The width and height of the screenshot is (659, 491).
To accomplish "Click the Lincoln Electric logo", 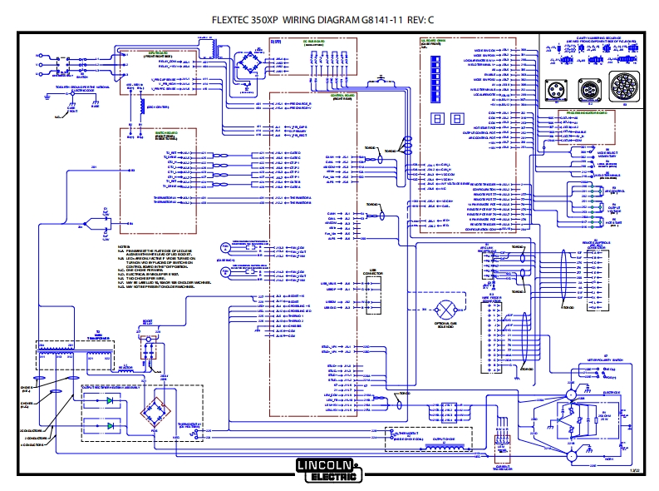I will coord(329,469).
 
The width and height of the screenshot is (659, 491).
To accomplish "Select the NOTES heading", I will coord(123,247).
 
